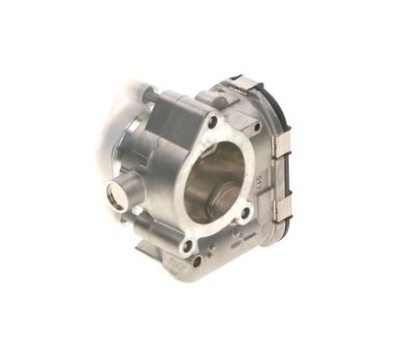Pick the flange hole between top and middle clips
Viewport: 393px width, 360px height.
point(256,128)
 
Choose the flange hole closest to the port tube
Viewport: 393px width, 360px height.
point(187,245)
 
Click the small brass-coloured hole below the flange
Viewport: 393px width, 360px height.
point(196,261)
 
